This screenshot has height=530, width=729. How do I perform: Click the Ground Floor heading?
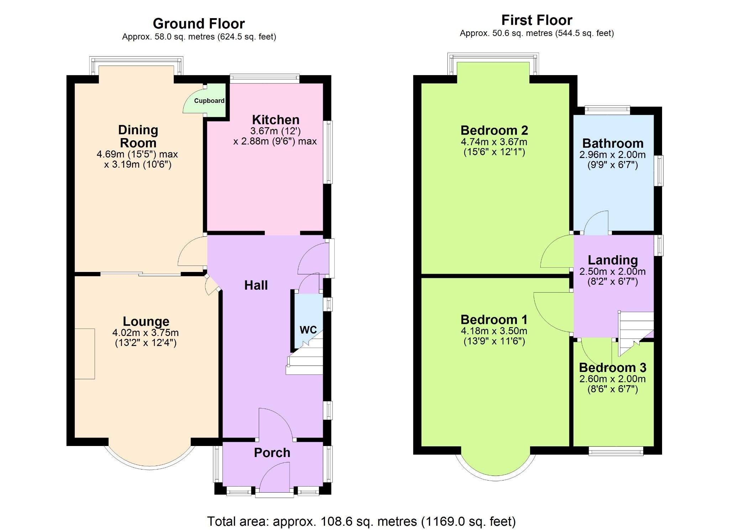coord(199,24)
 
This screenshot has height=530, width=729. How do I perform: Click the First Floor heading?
coord(536,20)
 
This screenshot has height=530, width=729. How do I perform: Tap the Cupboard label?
coord(209,101)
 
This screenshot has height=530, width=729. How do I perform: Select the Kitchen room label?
coord(276,120)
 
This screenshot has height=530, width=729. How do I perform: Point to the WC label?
coord(308,330)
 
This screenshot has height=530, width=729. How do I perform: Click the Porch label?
coord(272,452)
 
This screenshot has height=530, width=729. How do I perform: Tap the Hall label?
coord(256,285)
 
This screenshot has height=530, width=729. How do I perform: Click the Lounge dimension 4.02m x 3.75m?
coord(146,332)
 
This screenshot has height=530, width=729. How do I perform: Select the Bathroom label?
coord(613,143)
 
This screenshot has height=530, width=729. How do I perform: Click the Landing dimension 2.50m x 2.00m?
coord(612,271)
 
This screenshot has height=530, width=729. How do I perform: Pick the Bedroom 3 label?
coord(612,367)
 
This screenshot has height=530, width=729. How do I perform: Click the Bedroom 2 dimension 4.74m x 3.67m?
coord(494,142)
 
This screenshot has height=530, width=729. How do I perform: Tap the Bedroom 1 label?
coord(494,319)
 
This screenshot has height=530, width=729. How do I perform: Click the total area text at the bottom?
coord(361,521)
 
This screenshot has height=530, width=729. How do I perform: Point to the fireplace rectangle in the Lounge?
coord(85,353)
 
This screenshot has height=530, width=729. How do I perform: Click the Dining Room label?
coord(138,136)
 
